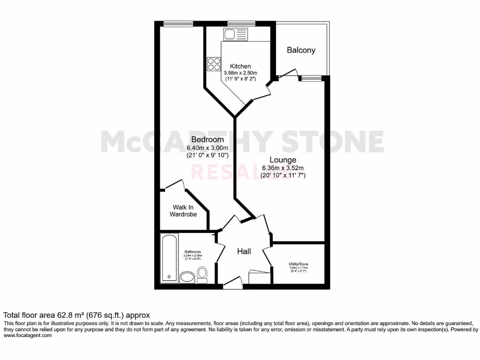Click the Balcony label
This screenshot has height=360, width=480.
(x=301, y=50)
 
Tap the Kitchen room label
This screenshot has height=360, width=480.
(x=240, y=67)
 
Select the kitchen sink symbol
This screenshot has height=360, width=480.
(x=236, y=34)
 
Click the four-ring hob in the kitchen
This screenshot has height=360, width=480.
(x=214, y=64)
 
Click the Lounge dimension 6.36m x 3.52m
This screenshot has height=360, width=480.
(x=283, y=168)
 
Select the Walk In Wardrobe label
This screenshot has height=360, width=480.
(x=184, y=210)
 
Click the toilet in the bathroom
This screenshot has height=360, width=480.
(x=202, y=274)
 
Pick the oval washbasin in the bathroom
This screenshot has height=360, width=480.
(x=187, y=277)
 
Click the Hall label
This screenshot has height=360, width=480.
(x=244, y=252)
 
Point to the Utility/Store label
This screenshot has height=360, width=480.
(x=299, y=264)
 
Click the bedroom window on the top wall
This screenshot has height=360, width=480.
(x=178, y=23)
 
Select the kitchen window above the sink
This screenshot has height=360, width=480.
(x=241, y=23)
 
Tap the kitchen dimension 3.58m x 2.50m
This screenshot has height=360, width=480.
(x=240, y=73)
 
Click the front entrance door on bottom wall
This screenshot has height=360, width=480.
(x=232, y=283)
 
